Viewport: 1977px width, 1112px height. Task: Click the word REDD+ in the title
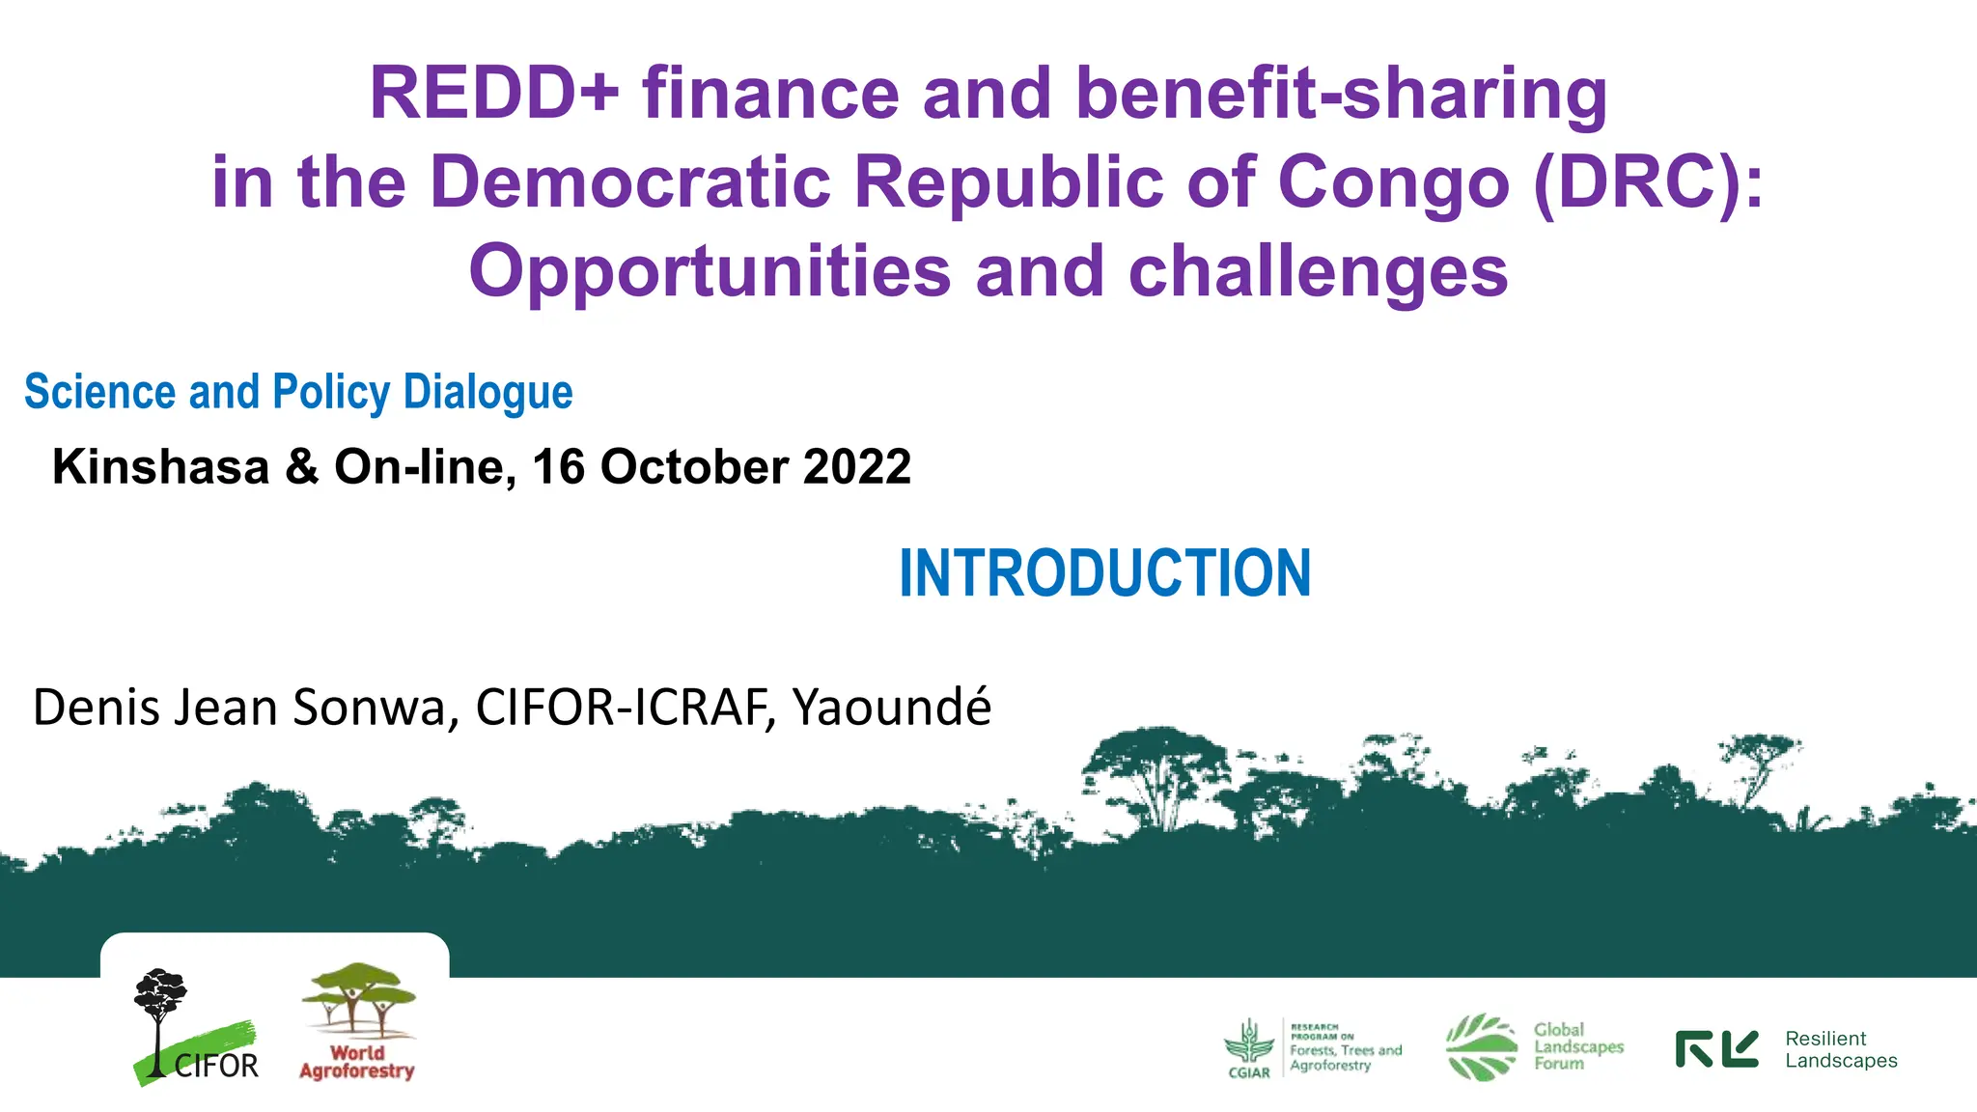click(x=493, y=94)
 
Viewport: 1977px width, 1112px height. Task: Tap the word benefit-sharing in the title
click(x=1341, y=94)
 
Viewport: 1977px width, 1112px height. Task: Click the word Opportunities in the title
click(x=710, y=271)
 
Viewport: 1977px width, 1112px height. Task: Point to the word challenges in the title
click(x=1318, y=271)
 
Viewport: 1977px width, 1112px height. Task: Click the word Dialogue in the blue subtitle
click(x=487, y=393)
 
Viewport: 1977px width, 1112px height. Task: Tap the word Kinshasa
click(x=160, y=467)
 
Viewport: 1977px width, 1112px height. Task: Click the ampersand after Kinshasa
click(x=301, y=467)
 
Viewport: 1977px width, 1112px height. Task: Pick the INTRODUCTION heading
click(x=1104, y=573)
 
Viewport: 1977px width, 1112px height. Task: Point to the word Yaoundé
click(x=891, y=708)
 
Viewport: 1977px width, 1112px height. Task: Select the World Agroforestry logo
click(x=358, y=1021)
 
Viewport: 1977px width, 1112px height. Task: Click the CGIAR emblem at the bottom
click(x=1248, y=1047)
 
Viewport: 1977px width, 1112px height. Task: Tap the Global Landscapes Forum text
click(x=1578, y=1046)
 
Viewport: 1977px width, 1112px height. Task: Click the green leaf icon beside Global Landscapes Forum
click(x=1481, y=1046)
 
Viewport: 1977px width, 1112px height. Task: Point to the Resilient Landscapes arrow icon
click(x=1716, y=1049)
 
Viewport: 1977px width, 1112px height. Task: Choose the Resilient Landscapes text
click(x=1840, y=1049)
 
